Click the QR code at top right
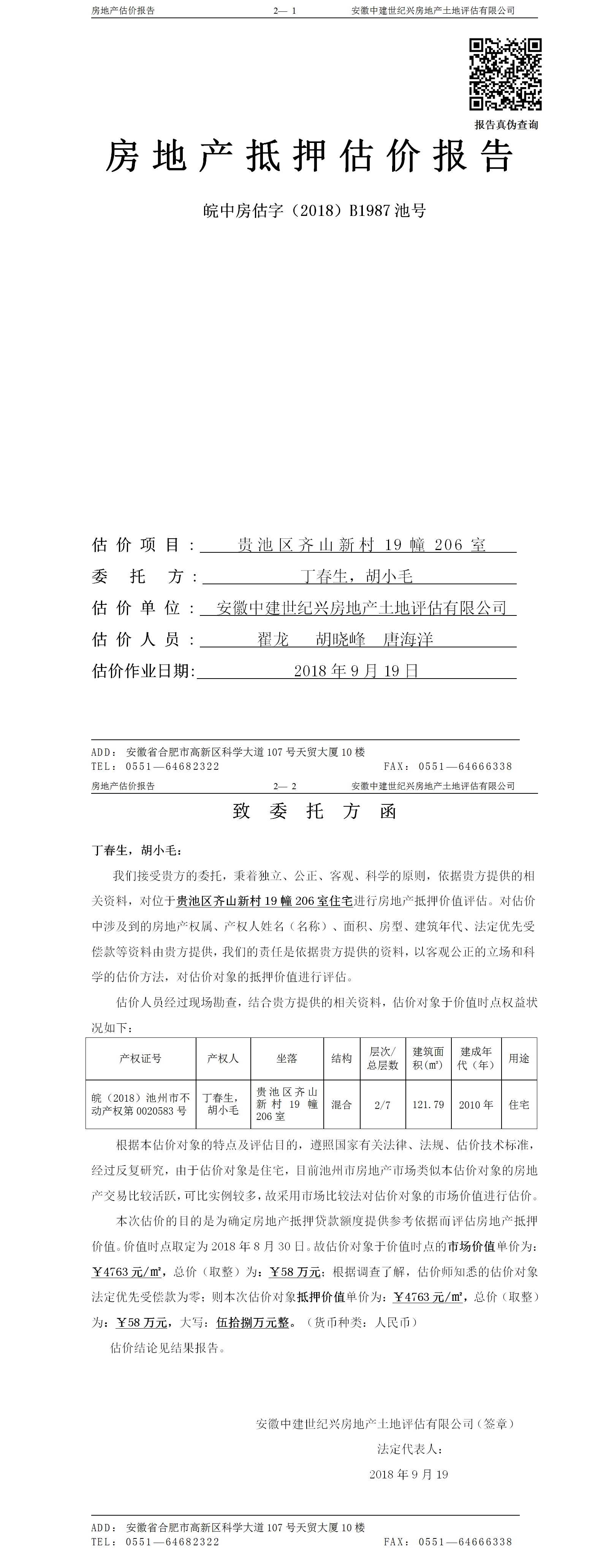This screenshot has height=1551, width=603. (x=505, y=74)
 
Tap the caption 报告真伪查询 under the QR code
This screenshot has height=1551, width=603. (x=506, y=125)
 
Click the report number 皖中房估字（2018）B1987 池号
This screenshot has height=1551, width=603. (x=314, y=211)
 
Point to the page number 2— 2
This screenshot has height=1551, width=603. (x=285, y=786)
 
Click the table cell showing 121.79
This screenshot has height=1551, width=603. (x=428, y=1104)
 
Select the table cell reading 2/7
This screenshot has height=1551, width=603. (x=382, y=1105)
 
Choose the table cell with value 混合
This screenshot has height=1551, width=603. (x=341, y=1104)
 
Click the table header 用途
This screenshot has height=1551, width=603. (x=519, y=1058)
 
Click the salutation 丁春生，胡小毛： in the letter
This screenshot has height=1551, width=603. (x=137, y=850)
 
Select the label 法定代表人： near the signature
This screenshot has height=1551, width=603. (x=410, y=1449)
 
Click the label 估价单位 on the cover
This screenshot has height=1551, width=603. (x=137, y=608)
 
